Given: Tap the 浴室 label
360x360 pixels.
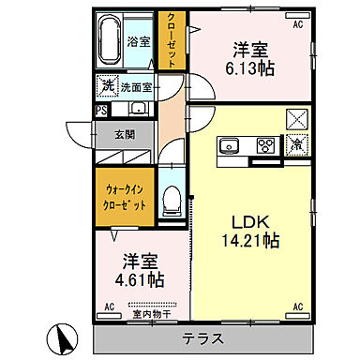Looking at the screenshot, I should (139, 41).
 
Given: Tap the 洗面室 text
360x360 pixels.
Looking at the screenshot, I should (138, 88).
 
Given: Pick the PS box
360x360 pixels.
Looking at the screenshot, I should (100, 108).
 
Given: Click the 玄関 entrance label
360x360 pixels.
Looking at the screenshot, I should (126, 134).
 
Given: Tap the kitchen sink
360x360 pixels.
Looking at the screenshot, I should (230, 145).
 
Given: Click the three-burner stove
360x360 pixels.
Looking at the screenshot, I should (264, 145).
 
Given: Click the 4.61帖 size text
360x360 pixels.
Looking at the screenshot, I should (140, 278).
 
